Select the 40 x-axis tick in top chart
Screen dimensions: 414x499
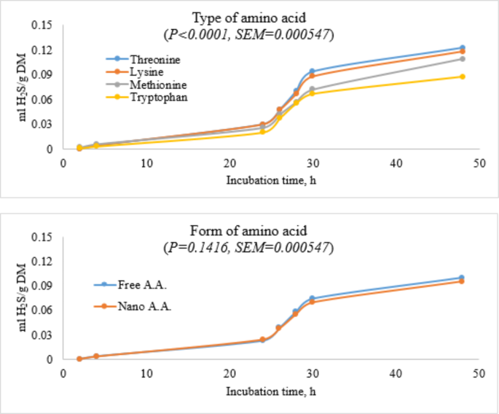pyautogui.click(x=396, y=163)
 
